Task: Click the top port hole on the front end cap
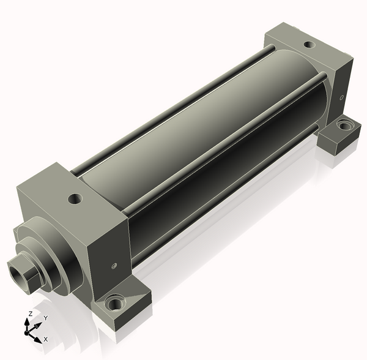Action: tap(75, 199)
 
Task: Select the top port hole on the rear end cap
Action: tap(310, 45)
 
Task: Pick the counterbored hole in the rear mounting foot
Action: tap(344, 126)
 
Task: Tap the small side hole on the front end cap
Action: tap(114, 266)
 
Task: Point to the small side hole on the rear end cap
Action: tap(342, 97)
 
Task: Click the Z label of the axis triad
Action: tap(30, 313)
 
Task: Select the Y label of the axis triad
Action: tap(46, 318)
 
